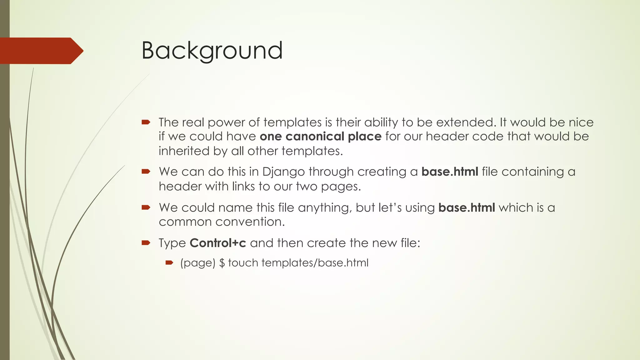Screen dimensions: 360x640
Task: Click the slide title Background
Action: click(212, 51)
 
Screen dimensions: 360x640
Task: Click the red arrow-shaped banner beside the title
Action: click(41, 51)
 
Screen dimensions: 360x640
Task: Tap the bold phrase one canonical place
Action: click(320, 137)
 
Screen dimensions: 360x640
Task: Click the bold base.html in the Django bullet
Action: click(449, 172)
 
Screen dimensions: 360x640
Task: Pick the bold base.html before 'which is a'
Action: click(467, 208)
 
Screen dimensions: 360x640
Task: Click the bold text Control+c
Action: click(218, 243)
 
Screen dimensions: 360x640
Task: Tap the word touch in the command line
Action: click(242, 263)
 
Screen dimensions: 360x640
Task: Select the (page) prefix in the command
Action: click(198, 263)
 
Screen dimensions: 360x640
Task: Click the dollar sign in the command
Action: click(222, 263)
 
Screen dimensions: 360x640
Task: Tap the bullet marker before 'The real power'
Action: click(146, 122)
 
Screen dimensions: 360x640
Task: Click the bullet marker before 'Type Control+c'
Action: click(146, 243)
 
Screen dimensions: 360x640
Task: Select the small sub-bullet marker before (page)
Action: click(169, 263)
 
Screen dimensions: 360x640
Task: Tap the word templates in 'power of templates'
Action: click(292, 122)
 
